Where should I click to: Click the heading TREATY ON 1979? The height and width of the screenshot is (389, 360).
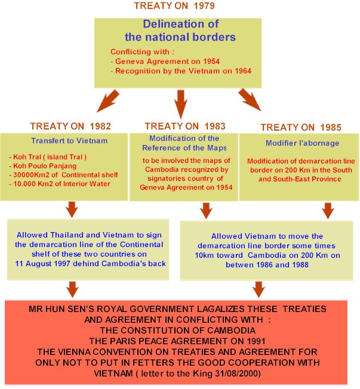click(x=174, y=6)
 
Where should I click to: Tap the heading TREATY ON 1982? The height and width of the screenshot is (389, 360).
click(x=70, y=126)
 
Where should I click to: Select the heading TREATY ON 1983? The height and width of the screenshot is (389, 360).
click(x=185, y=126)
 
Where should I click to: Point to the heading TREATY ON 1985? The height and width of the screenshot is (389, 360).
click(x=301, y=127)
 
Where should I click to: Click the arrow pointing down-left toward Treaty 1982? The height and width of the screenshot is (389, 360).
click(x=108, y=101)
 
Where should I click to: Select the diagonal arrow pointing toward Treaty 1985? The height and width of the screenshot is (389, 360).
click(x=250, y=100)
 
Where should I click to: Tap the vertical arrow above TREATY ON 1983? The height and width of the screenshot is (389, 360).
click(x=181, y=104)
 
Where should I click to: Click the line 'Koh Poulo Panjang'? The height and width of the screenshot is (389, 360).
click(x=43, y=166)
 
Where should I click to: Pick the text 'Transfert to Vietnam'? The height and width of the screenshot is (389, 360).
click(x=69, y=141)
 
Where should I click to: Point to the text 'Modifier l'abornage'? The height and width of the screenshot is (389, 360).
click(x=303, y=143)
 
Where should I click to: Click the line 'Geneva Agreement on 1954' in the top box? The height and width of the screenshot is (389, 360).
click(x=165, y=61)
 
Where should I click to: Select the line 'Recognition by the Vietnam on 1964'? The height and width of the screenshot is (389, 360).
click(x=181, y=71)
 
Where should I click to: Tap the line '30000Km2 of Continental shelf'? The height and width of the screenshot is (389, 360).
click(x=63, y=175)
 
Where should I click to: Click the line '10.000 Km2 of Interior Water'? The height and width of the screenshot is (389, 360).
click(x=60, y=184)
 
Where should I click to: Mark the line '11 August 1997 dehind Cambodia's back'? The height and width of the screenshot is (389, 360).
click(x=90, y=264)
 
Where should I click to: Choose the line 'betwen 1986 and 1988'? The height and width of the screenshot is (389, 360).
click(x=267, y=265)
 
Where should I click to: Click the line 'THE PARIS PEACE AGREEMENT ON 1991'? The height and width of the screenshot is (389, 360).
click(x=177, y=341)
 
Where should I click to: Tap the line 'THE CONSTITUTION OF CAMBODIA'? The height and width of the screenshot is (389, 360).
click(x=178, y=331)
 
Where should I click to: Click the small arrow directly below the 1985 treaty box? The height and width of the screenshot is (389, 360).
click(x=328, y=211)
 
